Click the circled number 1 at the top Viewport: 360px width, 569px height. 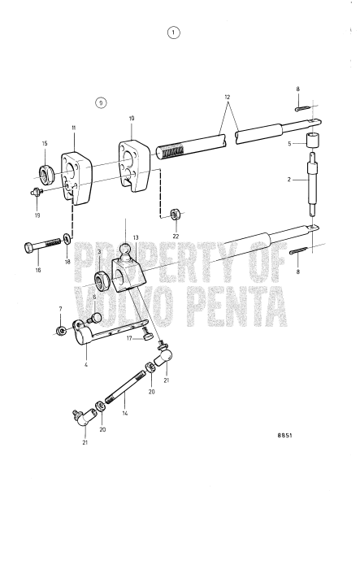click(x=172, y=33)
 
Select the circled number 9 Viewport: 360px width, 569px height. click(x=100, y=102)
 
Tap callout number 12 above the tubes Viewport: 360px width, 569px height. click(x=228, y=96)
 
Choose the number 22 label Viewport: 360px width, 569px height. click(x=176, y=236)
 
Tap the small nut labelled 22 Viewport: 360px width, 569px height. click(x=176, y=215)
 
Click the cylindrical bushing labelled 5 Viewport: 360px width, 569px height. click(x=311, y=140)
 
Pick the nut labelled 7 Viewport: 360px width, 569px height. click(x=62, y=331)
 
